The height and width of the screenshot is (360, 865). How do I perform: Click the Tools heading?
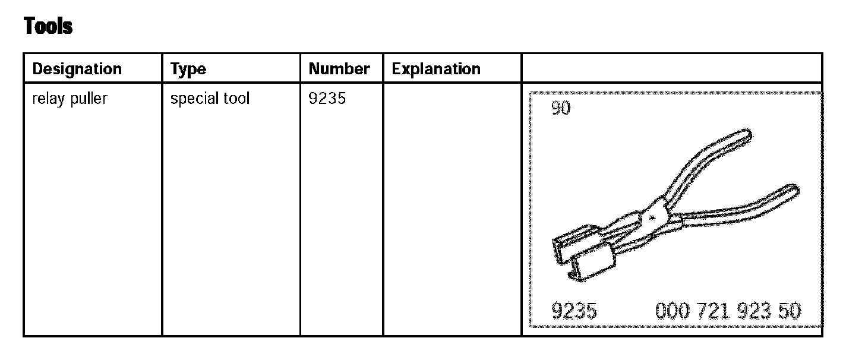pos(48,26)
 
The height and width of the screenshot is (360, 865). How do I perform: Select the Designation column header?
pos(77,69)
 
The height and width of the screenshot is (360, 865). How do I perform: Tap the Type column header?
pos(188,70)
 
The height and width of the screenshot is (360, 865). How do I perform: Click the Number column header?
pos(339,69)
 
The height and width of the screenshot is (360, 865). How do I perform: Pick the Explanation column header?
pos(436,69)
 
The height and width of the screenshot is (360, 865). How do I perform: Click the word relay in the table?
pos(48,99)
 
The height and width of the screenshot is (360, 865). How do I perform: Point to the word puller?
pos(89,99)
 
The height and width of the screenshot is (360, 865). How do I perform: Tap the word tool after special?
pos(236,98)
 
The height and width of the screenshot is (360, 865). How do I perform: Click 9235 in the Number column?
pos(327,99)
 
